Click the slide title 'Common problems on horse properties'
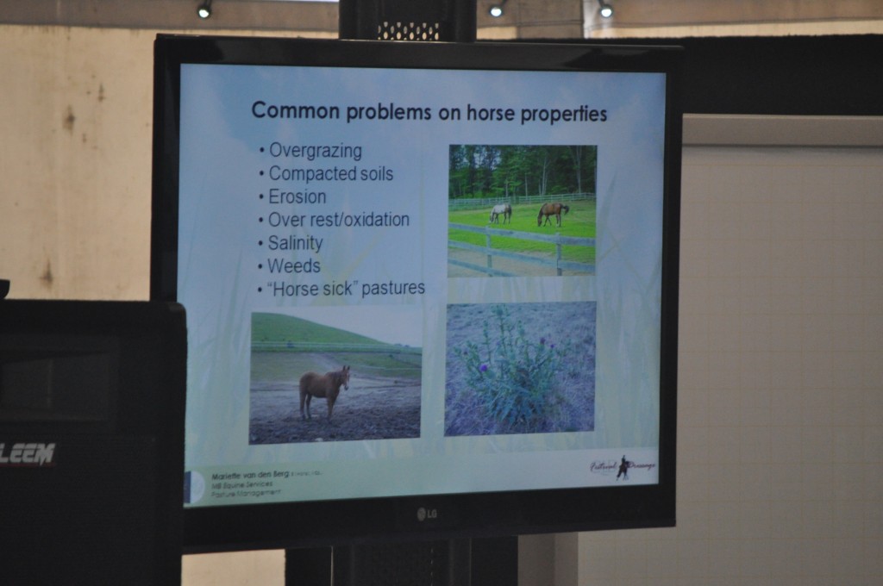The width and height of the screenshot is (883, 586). (429, 113)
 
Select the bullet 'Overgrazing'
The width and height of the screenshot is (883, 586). (315, 151)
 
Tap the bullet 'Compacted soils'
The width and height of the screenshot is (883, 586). (330, 174)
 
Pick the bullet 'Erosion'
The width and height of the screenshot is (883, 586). (297, 196)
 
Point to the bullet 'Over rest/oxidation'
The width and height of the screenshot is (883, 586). (338, 220)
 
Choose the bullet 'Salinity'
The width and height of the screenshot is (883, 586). (295, 243)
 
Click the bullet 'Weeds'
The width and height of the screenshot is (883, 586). (293, 265)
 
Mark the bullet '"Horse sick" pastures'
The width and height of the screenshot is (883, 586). (347, 289)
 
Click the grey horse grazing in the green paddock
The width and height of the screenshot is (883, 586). (500, 213)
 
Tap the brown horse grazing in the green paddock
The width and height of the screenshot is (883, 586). (552, 212)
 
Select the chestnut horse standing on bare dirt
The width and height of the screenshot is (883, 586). (323, 390)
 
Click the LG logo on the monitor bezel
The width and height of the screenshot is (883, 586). (427, 514)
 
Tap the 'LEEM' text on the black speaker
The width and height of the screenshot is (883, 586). (28, 453)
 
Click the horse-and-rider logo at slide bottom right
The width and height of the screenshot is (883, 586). (623, 466)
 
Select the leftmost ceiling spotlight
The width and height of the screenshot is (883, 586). (204, 10)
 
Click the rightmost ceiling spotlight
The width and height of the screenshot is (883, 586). (605, 10)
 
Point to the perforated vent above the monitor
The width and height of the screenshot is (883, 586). (408, 31)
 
